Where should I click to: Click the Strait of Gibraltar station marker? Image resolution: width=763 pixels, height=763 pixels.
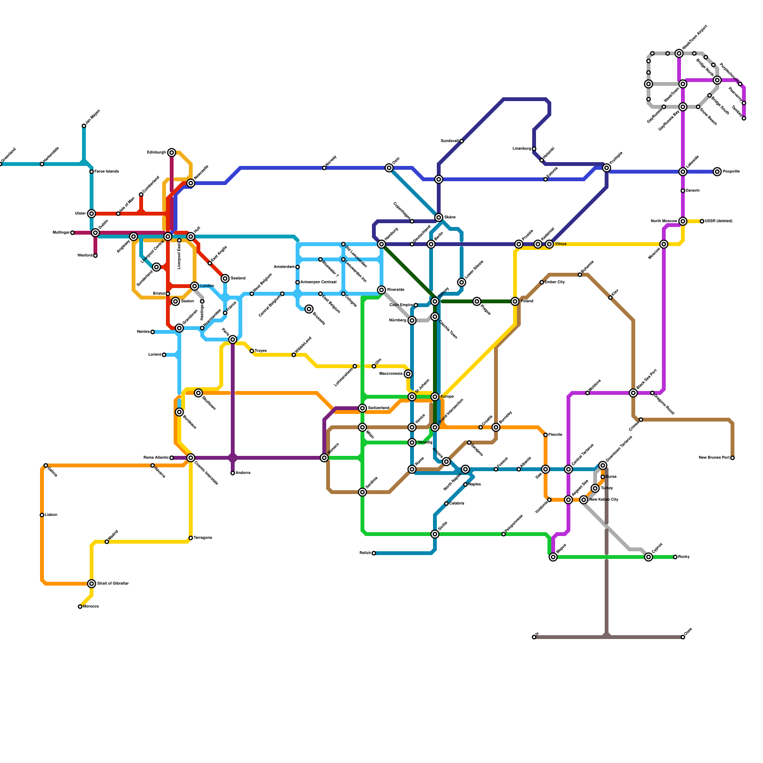tap(92, 584)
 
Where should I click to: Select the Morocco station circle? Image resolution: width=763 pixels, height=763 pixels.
tap(80, 607)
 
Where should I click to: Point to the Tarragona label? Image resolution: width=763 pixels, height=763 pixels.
tap(203, 538)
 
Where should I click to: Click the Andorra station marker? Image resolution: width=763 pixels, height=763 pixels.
tap(233, 473)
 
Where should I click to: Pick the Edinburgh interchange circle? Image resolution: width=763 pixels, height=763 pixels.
tap(172, 153)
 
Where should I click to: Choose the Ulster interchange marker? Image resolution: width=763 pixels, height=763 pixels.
tap(92, 214)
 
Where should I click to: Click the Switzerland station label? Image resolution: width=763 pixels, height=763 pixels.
tap(379, 408)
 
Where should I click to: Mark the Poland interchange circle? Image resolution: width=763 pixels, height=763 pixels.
tap(515, 301)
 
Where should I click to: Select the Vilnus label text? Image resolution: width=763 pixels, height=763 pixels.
tap(561, 244)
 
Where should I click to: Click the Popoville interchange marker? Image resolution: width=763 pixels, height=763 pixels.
tap(718, 172)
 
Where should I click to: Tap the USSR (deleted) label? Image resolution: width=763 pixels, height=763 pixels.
tap(718, 221)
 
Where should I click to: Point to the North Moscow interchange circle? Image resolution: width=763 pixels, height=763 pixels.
tap(683, 221)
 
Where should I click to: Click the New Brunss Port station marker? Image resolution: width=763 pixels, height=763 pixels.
tap(732, 458)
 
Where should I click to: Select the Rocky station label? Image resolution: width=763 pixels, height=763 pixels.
tap(684, 557)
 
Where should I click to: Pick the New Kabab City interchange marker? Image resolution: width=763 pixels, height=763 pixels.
tap(584, 500)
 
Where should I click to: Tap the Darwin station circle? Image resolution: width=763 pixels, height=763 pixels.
tap(683, 191)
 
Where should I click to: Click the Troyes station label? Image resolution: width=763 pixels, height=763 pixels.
tap(260, 351)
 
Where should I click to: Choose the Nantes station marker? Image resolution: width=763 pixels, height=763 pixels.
tap(153, 332)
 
